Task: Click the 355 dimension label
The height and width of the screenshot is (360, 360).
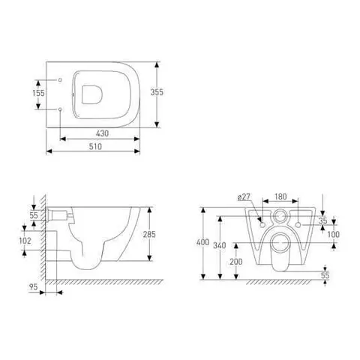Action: point(157,92)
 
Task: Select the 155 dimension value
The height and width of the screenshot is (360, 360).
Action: point(38,93)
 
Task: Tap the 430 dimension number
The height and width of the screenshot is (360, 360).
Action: point(102,133)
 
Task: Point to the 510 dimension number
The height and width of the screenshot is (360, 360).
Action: point(95,146)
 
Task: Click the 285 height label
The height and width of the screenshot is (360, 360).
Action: point(149,234)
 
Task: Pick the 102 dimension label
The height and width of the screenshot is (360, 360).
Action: point(25,241)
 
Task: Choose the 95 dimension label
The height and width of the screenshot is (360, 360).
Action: point(33,286)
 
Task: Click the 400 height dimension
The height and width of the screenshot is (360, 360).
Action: point(202,242)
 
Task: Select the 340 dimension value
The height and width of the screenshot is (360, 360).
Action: point(220,245)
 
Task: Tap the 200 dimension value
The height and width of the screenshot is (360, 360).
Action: point(236,262)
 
